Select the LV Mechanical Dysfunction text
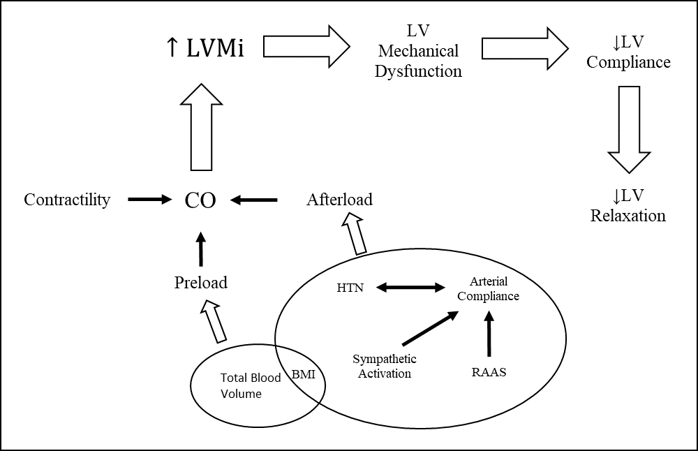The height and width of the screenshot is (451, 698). (418, 51)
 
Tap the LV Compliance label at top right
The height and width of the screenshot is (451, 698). (628, 52)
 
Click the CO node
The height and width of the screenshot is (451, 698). (200, 200)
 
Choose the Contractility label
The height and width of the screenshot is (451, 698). (67, 200)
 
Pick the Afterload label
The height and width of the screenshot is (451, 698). (339, 200)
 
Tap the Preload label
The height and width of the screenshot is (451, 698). (201, 282)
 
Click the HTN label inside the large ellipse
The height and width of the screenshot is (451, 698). (350, 288)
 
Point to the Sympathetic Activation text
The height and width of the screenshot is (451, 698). (384, 366)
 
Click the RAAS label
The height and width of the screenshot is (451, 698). (489, 372)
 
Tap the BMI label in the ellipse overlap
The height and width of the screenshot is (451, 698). (303, 374)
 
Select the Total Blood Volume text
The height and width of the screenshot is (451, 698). (241, 385)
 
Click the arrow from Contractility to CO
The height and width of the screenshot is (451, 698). (149, 200)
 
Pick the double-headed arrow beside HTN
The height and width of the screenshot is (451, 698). (410, 287)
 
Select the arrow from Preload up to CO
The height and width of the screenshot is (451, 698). (201, 249)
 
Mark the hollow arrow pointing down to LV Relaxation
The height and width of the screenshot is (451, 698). (629, 129)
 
